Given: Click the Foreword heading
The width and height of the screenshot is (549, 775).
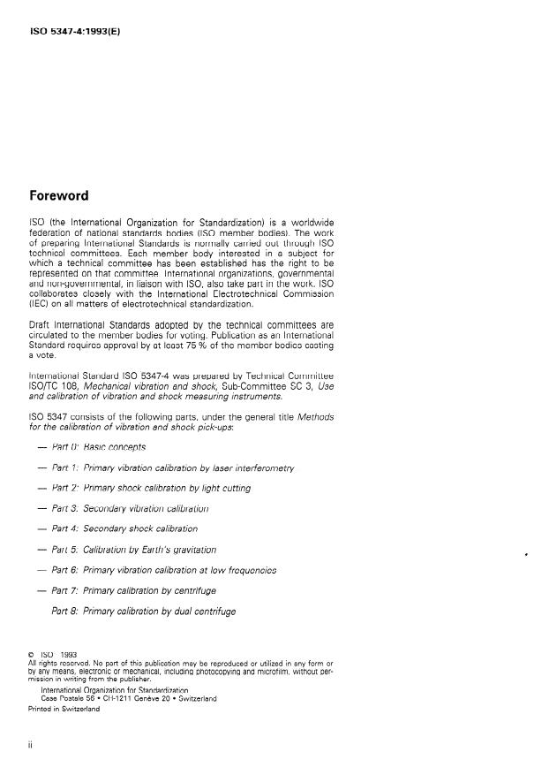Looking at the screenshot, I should [x=58, y=195].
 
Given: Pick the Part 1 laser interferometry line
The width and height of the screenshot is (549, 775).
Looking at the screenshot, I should [x=172, y=467].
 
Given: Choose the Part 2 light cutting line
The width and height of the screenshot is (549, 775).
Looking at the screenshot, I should [x=151, y=488].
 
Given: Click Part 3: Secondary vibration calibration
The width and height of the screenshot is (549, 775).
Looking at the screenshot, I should [x=130, y=508].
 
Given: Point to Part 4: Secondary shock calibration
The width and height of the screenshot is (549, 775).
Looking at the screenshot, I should [x=124, y=528].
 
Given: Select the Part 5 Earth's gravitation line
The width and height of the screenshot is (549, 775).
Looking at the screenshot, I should [x=134, y=550].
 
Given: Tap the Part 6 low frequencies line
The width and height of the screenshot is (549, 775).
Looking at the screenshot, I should [x=164, y=570].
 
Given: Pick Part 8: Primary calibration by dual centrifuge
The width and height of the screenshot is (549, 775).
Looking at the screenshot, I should [x=144, y=611].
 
